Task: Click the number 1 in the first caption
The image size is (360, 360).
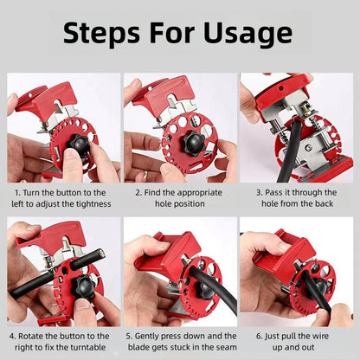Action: tap(17, 191)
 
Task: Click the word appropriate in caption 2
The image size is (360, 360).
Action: tap(198, 191)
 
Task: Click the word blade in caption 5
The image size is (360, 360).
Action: tap(148, 347)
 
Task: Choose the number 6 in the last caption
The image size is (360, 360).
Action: tap(257, 335)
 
